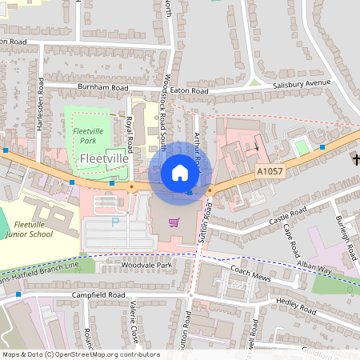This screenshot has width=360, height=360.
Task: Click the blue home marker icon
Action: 180,172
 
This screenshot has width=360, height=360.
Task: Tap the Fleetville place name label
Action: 104,159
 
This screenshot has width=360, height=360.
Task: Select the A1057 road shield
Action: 270,171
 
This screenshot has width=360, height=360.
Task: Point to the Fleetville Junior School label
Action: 33,230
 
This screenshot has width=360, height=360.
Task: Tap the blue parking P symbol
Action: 114,222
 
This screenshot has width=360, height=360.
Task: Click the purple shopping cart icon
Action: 174,222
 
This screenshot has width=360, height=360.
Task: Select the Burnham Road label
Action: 102,86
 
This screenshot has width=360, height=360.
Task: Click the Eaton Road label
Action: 188,92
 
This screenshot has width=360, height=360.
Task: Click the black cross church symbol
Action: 354,160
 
